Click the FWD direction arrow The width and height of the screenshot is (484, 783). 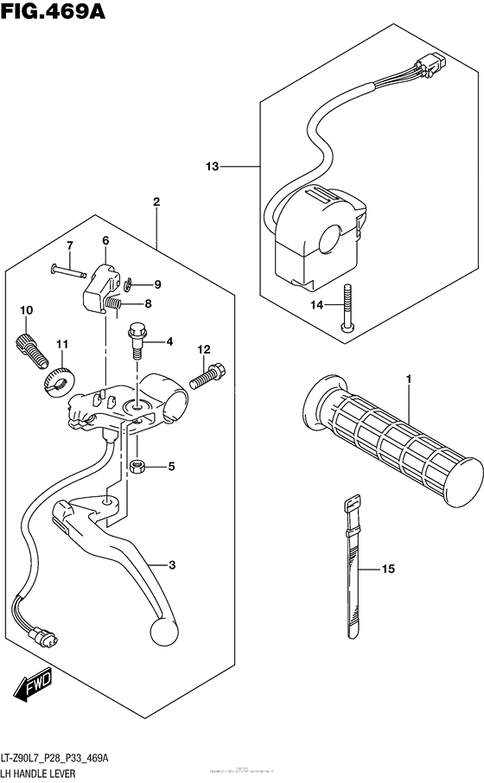pos(34,687)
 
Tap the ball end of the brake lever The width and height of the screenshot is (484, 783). pos(163,630)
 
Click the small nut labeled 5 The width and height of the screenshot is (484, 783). pos(137,468)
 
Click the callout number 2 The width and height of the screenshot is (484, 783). pos(156,202)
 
